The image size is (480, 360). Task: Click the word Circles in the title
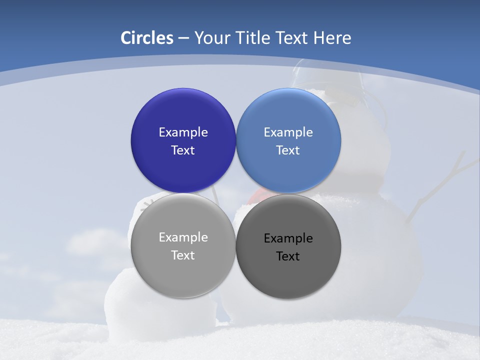[146, 38]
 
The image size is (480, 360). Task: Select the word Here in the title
[332, 38]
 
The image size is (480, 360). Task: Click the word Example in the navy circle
[183, 132]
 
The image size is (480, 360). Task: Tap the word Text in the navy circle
[183, 150]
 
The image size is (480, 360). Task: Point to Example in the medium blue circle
[288, 132]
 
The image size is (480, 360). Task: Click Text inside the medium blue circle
[288, 150]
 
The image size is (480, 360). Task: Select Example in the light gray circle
[183, 237]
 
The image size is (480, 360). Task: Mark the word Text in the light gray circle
[183, 255]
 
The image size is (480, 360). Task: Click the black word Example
[288, 238]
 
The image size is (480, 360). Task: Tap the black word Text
[288, 256]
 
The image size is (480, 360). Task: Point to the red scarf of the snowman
[255, 195]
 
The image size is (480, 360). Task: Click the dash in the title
[183, 38]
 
